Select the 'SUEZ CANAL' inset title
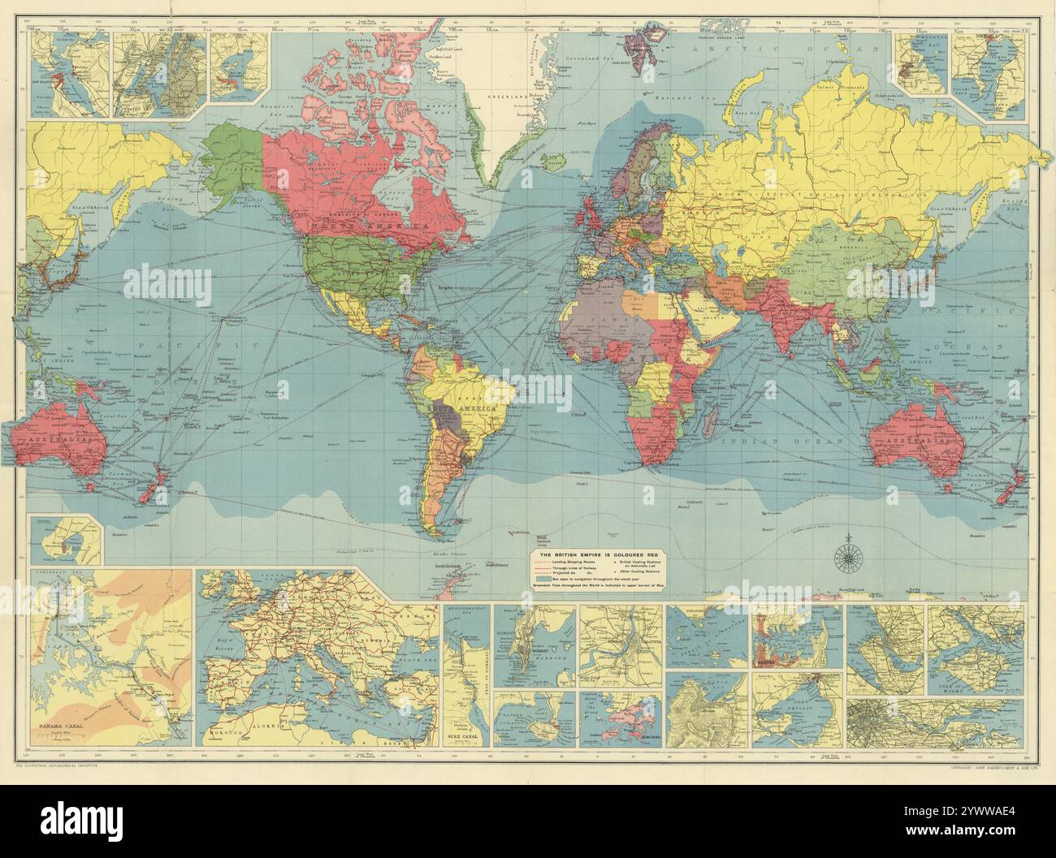(466, 737)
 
